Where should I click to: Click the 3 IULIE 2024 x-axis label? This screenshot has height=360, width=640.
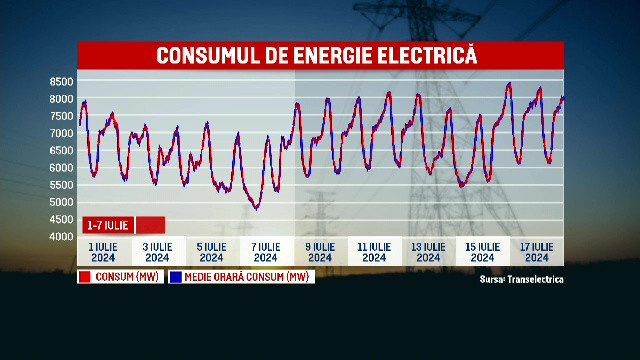point(157,251)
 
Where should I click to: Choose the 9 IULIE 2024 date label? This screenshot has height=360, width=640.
point(320,251)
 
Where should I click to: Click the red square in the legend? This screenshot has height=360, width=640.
point(85,277)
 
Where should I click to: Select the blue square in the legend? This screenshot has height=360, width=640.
point(176,277)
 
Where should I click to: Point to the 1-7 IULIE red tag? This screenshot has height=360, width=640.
point(107,224)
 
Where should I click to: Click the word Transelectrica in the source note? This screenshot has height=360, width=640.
point(535,280)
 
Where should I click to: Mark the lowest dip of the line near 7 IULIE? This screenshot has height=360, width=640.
point(257,208)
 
